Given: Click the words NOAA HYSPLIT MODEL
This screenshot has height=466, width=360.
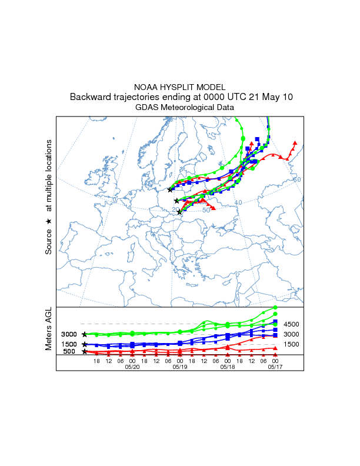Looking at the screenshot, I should [179, 86].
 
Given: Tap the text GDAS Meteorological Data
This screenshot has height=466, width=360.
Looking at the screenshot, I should [179, 108].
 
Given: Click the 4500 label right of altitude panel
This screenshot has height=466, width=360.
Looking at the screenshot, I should [292, 324].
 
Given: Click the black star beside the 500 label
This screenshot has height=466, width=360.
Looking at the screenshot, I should [85, 351].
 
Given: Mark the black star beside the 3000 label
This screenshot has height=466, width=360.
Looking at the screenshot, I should [85, 334].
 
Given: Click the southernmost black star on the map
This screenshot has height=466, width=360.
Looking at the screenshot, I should [179, 212].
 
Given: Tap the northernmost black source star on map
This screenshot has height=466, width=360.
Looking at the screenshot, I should [170, 189].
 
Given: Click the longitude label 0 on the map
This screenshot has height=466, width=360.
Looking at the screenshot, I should [115, 200].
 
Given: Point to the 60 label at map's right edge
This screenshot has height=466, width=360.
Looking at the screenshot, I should [297, 179].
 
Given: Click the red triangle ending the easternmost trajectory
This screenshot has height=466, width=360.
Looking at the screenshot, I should [295, 142].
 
